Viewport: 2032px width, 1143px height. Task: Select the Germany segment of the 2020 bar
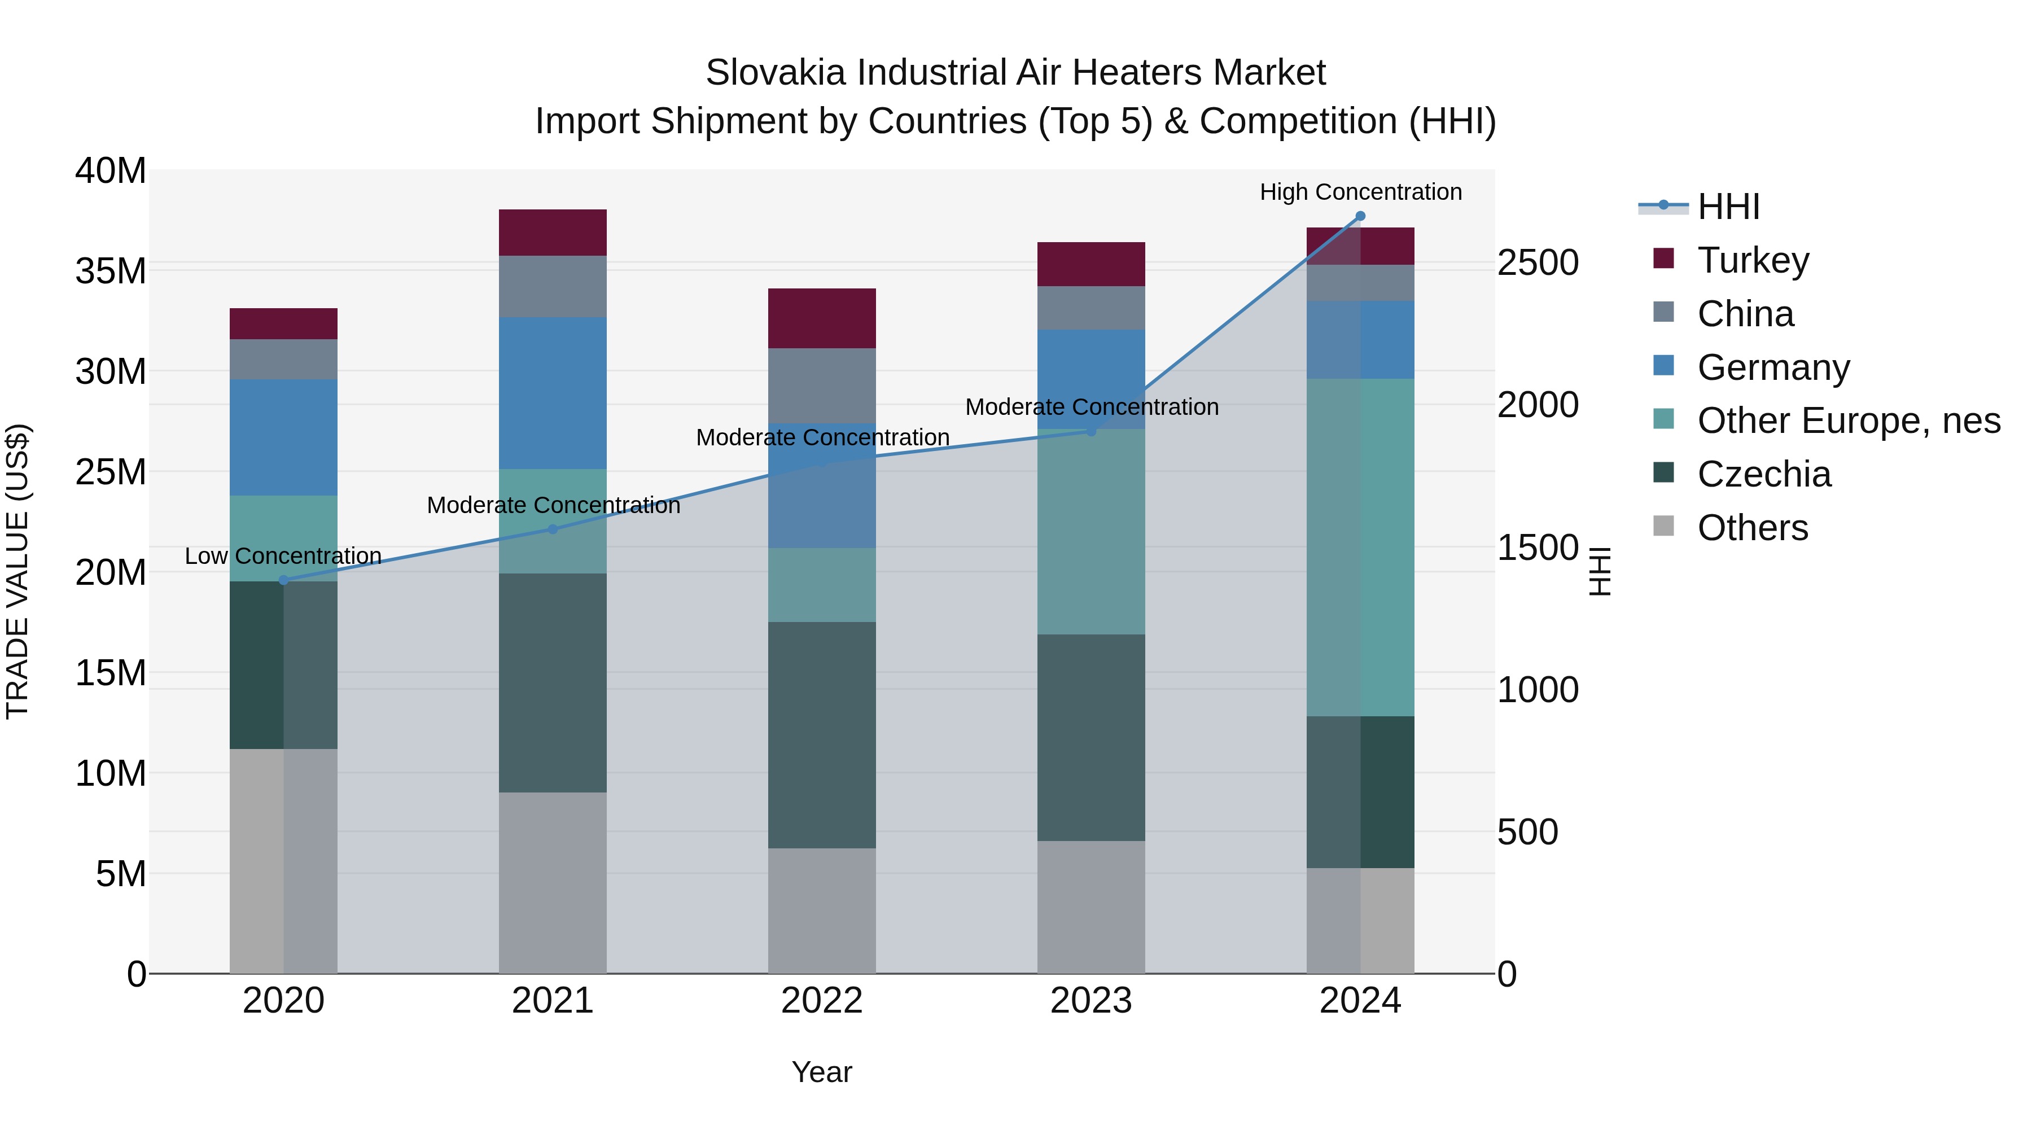(x=283, y=438)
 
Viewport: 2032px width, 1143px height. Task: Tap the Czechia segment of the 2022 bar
(x=822, y=735)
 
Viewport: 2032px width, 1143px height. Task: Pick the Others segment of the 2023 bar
(x=1091, y=907)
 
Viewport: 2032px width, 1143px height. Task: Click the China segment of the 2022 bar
(x=822, y=386)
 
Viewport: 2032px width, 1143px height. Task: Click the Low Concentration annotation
(x=283, y=556)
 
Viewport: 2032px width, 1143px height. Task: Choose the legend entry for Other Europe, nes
(x=1848, y=421)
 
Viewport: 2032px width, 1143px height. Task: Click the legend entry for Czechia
(x=1764, y=474)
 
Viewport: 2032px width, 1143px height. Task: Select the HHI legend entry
(x=1728, y=207)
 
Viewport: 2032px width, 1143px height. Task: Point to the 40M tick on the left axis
(x=111, y=171)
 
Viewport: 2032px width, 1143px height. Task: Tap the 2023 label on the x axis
(x=1091, y=1001)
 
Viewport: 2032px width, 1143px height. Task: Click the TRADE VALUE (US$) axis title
(x=17, y=571)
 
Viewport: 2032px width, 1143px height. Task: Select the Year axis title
(x=822, y=1072)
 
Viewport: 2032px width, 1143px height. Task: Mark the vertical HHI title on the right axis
(x=1599, y=571)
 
